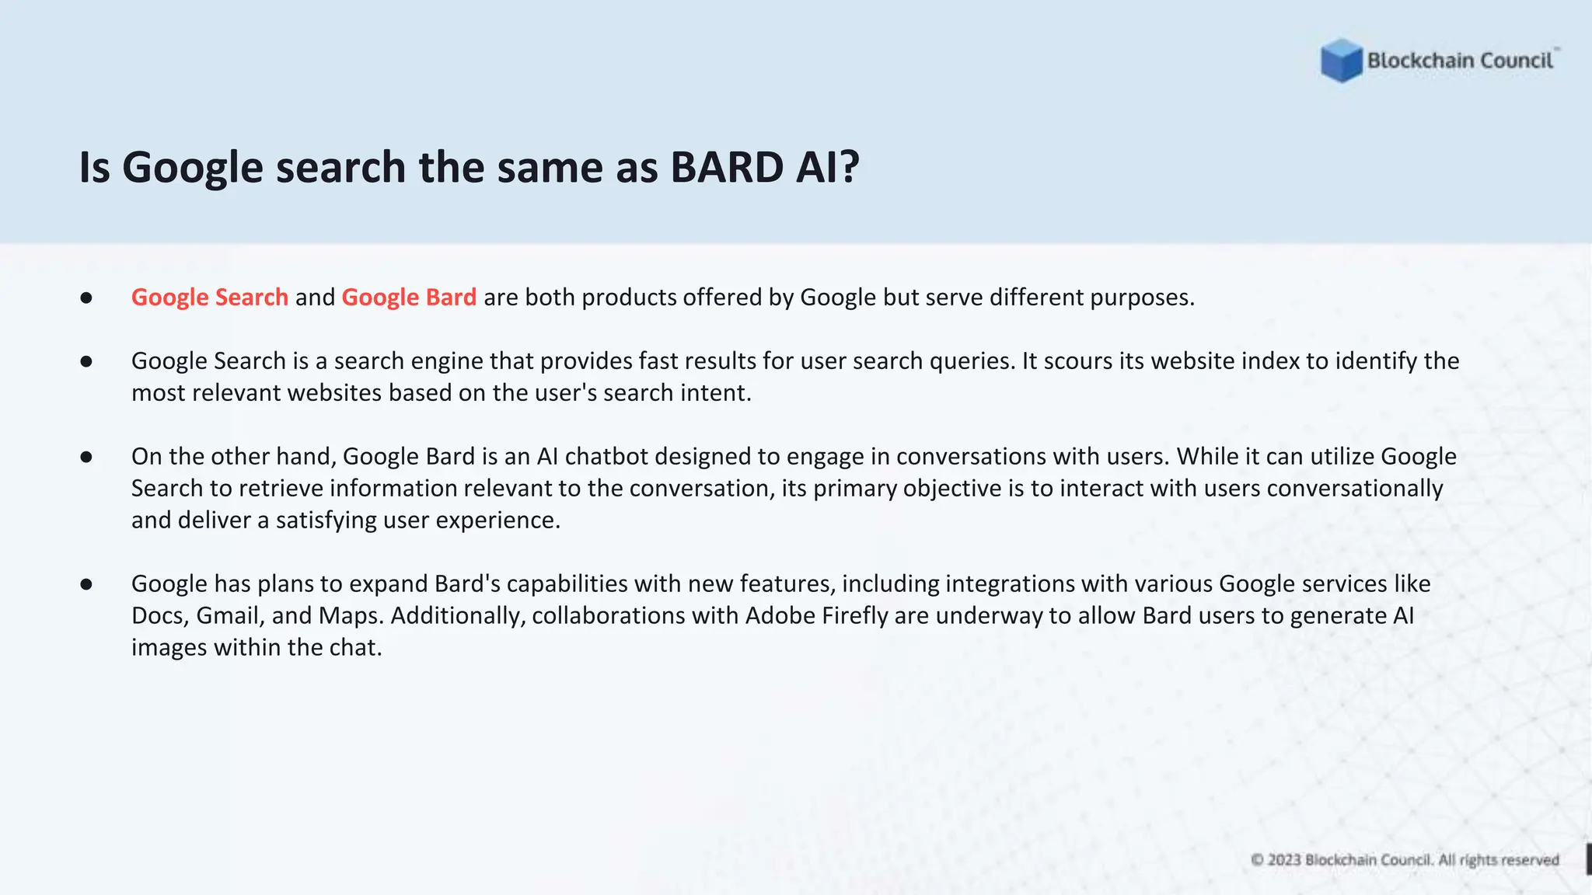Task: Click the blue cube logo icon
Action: click(1341, 60)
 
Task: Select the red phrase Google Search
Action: click(210, 297)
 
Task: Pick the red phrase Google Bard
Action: click(409, 297)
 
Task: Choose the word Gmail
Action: click(229, 615)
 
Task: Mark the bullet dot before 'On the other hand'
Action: click(86, 457)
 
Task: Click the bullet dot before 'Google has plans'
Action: click(86, 584)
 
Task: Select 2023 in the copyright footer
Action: click(1284, 860)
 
